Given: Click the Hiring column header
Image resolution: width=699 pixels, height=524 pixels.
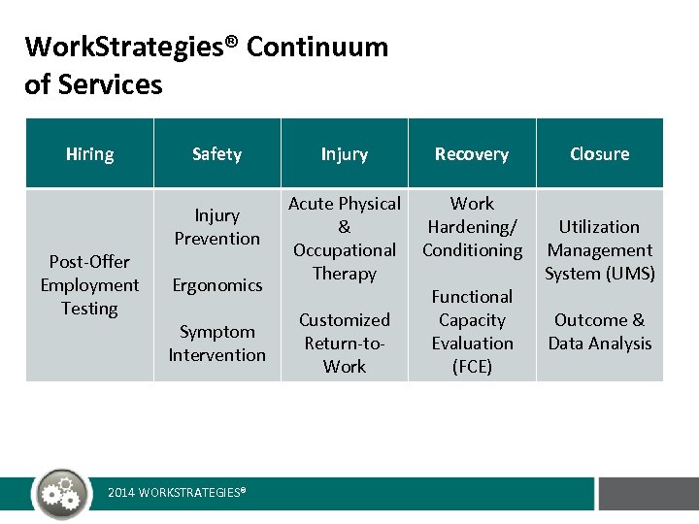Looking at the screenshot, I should [x=89, y=154].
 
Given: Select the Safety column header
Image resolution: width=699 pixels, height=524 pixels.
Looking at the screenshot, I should [x=216, y=154].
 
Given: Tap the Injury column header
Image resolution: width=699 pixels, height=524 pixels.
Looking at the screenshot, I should [x=344, y=154].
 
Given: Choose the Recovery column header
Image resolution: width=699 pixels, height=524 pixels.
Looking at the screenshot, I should [x=471, y=154].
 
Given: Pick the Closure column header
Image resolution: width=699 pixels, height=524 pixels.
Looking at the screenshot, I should [x=599, y=154].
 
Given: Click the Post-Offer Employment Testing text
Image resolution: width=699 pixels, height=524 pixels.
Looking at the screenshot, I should [x=89, y=285].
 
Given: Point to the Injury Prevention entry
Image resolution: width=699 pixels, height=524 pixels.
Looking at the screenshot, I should [x=216, y=226].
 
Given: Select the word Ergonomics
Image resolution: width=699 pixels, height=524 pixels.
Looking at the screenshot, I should [x=216, y=285].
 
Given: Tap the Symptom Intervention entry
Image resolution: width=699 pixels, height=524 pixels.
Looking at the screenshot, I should [x=216, y=344].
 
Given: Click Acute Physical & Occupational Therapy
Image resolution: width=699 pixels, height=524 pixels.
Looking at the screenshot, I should [x=344, y=238].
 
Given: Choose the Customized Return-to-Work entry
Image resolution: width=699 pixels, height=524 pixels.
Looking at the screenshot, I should [x=344, y=343].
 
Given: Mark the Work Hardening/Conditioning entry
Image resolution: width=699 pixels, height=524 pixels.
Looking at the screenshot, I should [x=472, y=226].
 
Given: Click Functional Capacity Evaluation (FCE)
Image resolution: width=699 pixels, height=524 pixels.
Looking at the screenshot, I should [x=472, y=331].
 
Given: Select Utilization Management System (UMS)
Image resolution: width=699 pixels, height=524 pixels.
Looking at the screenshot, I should [x=599, y=249].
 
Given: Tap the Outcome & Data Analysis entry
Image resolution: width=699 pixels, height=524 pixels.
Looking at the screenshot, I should [x=599, y=331].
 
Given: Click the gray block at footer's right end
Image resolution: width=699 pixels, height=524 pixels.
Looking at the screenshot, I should [x=648, y=493].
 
